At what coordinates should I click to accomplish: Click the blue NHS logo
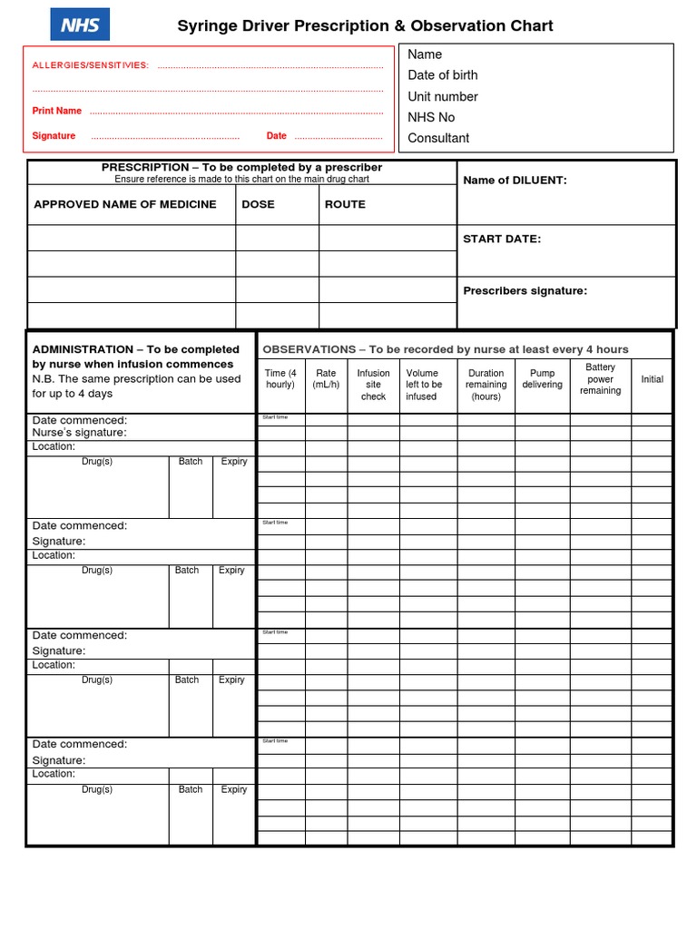[80, 24]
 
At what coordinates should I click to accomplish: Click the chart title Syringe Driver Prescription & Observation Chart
[365, 26]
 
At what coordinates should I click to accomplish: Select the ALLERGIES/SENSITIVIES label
[91, 65]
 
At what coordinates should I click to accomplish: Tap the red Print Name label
[57, 111]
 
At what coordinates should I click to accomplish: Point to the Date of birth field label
[442, 75]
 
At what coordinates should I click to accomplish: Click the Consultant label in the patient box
[438, 138]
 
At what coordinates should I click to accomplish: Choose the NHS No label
[431, 117]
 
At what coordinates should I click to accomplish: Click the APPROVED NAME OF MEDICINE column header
[125, 204]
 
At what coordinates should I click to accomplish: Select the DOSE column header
[258, 204]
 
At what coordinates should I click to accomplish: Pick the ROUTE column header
[345, 204]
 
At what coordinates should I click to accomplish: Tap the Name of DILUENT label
[515, 181]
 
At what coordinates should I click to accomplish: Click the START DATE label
[502, 239]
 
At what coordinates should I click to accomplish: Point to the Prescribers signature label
[525, 291]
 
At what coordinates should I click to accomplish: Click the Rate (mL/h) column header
[326, 378]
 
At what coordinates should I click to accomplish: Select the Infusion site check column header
[373, 385]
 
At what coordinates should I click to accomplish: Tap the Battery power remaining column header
[600, 379]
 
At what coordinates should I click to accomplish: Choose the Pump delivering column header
[542, 378]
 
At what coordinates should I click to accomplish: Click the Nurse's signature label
[80, 433]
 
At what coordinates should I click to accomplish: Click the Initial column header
[652, 379]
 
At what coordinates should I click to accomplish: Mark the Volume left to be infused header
[424, 385]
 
